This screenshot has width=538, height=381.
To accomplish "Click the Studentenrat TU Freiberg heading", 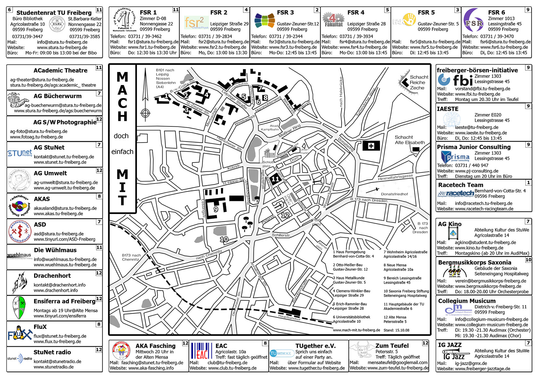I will pyautogui.click(x=54, y=13).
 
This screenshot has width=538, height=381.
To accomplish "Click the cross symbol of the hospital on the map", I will pyautogui.click(x=371, y=146).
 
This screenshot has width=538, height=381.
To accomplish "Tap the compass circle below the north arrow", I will pyautogui.click(x=145, y=113).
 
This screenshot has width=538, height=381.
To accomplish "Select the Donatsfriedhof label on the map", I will pyautogui.click(x=394, y=194).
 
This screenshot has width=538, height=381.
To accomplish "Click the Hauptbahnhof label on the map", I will pyautogui.click(x=289, y=317).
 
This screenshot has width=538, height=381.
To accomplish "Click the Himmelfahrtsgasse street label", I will pyautogui.click(x=395, y=177).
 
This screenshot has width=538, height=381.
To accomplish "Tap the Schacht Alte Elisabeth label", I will pyautogui.click(x=410, y=140).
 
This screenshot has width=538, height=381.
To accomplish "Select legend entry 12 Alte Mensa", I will pyautogui.click(x=395, y=319).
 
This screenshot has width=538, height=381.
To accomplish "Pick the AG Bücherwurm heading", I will pyautogui.click(x=58, y=96).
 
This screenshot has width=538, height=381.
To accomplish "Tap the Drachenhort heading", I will pyautogui.click(x=52, y=276).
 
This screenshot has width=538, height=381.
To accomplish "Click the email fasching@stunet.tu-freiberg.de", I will pyautogui.click(x=152, y=363).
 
